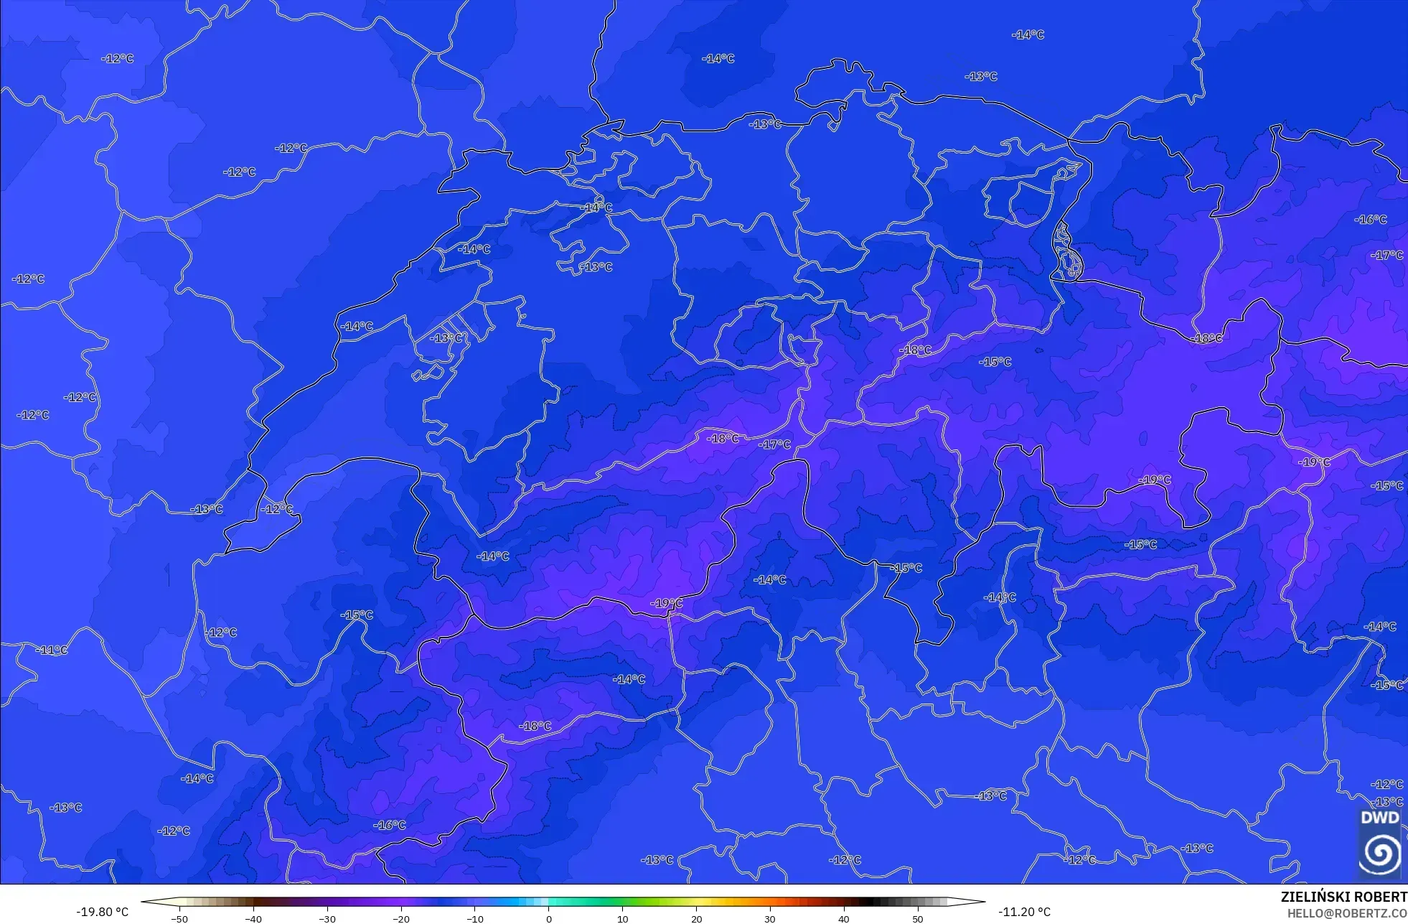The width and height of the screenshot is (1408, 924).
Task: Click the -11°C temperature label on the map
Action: tap(52, 650)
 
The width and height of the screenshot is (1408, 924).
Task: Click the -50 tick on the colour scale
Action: tap(179, 918)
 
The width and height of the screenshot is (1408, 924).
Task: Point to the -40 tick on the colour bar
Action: tap(253, 918)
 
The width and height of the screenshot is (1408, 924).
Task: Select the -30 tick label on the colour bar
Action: tap(327, 918)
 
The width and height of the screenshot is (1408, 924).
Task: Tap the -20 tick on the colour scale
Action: tap(401, 918)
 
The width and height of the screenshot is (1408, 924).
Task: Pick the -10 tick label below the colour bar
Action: tap(475, 918)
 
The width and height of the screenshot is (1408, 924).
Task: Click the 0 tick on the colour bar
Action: tap(549, 918)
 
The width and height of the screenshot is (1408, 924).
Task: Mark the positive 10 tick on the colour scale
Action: tap(622, 918)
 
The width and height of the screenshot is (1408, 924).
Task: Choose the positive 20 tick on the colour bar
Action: tap(696, 918)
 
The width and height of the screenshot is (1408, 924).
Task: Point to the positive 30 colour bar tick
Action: tap(770, 918)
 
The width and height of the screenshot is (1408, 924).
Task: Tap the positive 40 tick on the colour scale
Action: tap(844, 918)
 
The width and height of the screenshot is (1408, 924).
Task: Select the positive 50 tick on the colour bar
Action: tap(918, 918)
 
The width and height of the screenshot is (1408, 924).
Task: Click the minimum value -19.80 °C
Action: tap(102, 912)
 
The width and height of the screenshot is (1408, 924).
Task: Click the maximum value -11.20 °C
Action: tap(1024, 912)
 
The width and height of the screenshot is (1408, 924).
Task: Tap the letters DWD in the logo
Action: tap(1379, 818)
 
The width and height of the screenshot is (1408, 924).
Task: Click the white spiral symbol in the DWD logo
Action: tap(1379, 853)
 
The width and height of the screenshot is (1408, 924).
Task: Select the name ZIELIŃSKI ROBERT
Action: tap(1343, 897)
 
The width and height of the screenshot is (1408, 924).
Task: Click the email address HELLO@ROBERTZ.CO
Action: tap(1347, 913)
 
